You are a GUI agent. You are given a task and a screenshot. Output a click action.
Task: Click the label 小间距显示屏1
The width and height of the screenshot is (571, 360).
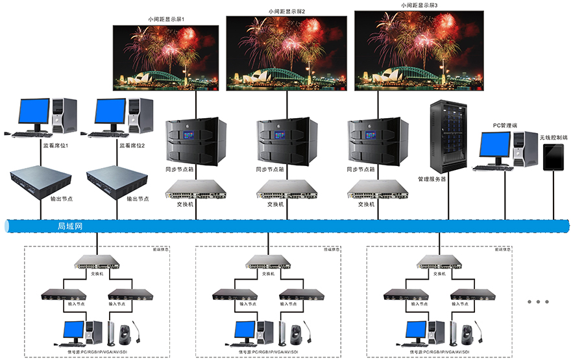pos(166,19)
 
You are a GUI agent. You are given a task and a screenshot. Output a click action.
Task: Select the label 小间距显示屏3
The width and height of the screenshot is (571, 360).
pos(419,5)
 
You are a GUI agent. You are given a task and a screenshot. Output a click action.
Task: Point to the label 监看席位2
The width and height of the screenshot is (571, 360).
pos(132,146)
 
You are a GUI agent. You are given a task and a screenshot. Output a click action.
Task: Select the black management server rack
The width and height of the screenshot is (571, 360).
pos(448,137)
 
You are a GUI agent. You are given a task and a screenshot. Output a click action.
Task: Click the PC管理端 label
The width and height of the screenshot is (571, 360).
pos(505,125)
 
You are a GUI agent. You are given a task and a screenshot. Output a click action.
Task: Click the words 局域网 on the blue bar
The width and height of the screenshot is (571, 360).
pos(69,226)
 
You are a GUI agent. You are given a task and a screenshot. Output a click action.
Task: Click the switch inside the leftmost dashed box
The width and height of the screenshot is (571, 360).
pos(97,262)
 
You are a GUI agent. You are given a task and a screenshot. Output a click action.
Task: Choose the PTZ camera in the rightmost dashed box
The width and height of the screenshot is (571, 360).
pos(467,333)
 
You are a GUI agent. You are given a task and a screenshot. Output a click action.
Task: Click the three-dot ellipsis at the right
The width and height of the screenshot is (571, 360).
pos(538,302)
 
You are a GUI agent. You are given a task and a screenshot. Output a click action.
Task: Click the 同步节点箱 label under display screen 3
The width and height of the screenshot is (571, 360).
pos(361,169)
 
